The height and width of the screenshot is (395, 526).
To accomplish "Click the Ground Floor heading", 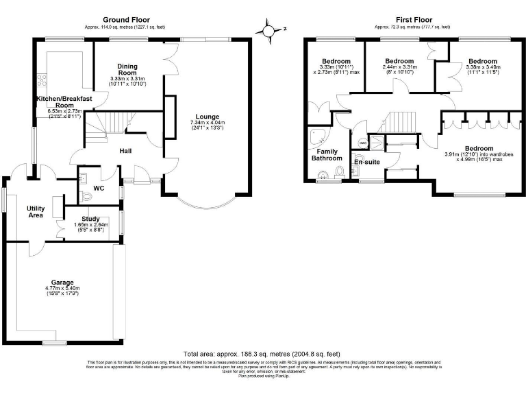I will pyautogui.click(x=127, y=20).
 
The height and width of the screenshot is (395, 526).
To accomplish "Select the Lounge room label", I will pyautogui.click(x=207, y=116).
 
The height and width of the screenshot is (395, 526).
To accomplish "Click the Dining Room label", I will pyautogui.click(x=127, y=69).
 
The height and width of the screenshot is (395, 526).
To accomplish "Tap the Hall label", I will pyautogui.click(x=126, y=151).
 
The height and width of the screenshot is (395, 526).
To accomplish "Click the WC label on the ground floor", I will pyautogui.click(x=99, y=188).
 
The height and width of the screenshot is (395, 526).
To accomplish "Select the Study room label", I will pyautogui.click(x=90, y=219).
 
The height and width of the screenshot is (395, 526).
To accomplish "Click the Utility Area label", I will pyautogui.click(x=36, y=211).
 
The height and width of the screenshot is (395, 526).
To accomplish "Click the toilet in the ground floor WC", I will pyautogui.click(x=86, y=196).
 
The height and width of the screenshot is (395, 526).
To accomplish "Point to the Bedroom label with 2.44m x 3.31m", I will pyautogui.click(x=399, y=60).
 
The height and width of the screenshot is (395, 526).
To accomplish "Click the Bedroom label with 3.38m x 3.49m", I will pyautogui.click(x=483, y=60).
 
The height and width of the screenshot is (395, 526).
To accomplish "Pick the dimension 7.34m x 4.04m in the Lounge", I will pyautogui.click(x=207, y=123).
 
